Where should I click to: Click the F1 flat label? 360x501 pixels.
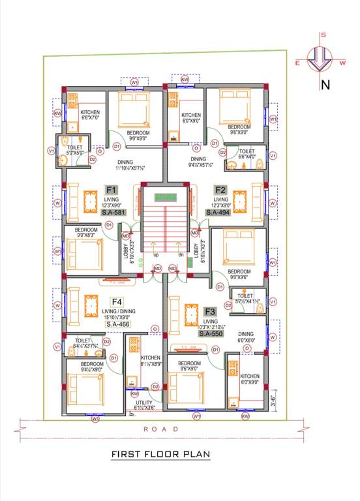tap(110, 190)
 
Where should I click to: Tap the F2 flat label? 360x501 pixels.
tap(220, 190)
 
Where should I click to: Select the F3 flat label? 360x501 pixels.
tap(210, 311)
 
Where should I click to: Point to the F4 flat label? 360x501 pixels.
tap(117, 302)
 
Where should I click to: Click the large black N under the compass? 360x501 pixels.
tap(324, 84)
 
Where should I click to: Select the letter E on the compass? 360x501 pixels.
tap(297, 63)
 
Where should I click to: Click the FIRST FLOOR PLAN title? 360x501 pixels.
tap(160, 454)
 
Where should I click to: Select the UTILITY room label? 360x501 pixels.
tap(144, 403)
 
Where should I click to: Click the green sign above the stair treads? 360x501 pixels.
tap(165, 196)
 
